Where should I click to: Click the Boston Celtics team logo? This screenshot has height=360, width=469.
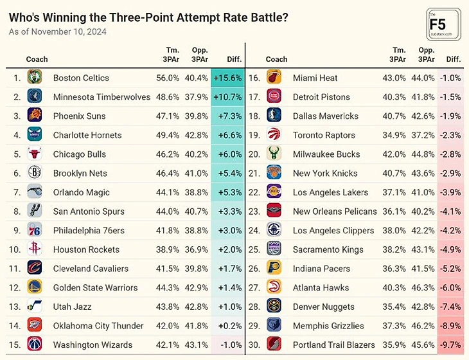click(35, 78)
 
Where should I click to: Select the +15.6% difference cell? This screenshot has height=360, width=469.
click(227, 78)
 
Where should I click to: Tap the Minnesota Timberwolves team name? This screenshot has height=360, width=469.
click(102, 97)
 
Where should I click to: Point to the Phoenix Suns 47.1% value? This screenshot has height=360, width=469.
click(168, 116)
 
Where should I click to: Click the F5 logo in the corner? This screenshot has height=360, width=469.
click(443, 24)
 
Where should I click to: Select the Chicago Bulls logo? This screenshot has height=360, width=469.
click(35, 154)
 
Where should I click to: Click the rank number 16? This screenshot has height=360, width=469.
click(254, 78)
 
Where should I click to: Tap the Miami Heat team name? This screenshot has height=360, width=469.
click(315, 78)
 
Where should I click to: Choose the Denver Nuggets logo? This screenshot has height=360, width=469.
click(274, 307)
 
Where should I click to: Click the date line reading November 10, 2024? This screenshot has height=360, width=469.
click(58, 32)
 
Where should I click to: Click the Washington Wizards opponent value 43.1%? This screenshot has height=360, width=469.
click(196, 345)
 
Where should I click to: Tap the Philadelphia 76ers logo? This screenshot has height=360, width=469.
click(35, 230)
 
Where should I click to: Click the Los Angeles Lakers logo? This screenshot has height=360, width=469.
click(274, 192)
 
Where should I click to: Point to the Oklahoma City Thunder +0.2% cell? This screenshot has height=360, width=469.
click(227, 325)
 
